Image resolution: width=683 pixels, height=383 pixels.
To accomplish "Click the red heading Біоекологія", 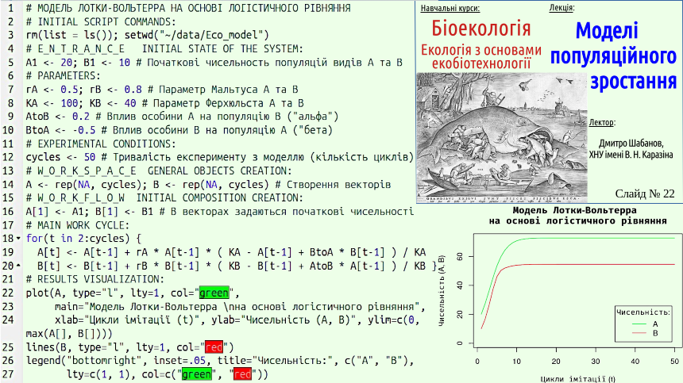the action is coord(481,29).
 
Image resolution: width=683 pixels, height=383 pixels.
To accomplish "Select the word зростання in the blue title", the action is coord(633,82).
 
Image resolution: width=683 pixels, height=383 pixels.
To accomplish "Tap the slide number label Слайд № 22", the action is coord(645,194).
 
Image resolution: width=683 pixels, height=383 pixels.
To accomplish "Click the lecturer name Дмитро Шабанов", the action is coord(631,144).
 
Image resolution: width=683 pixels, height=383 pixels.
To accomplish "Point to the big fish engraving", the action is coord(502,137).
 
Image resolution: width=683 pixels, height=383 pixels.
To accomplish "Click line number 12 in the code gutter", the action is coord(8,157).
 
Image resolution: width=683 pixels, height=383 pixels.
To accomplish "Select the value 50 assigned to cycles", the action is coord(89,157).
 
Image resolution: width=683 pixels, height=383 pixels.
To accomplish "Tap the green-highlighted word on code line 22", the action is coord(214,293).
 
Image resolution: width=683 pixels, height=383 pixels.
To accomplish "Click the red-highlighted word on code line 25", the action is coord(214,347).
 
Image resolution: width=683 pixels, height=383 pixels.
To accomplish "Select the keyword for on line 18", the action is coord(34,238).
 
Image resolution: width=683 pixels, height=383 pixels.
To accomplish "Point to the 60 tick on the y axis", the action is coord(460,257).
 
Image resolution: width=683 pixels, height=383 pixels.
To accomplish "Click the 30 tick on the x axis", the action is coord(596,362).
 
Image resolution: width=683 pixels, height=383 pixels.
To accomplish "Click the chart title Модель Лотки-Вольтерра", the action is coord(574,211).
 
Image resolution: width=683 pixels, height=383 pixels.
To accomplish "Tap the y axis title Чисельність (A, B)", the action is coord(442,291).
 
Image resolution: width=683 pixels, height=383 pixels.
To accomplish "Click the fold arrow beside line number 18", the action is coord(18,238).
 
